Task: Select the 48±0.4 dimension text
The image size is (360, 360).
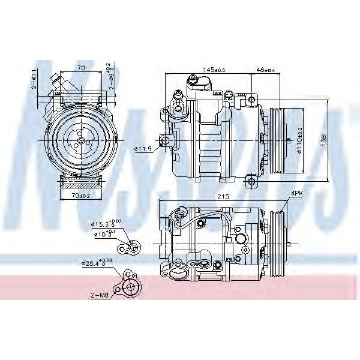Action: [x=266, y=70]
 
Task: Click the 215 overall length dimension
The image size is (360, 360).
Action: [x=224, y=196]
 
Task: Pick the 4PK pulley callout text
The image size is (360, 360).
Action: [x=297, y=193]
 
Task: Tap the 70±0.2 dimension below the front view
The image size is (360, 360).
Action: [x=80, y=194]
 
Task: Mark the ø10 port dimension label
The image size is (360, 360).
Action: [x=100, y=234]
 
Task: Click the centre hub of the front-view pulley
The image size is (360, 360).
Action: [x=79, y=140]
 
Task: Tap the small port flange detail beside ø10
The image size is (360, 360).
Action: [x=131, y=246]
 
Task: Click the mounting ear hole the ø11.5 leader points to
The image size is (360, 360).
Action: [x=166, y=141]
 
